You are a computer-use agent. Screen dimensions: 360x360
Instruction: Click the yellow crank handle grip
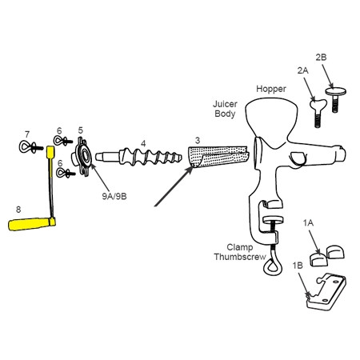click(x=30, y=224)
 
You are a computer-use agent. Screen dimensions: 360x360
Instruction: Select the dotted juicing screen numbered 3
click(x=218, y=157)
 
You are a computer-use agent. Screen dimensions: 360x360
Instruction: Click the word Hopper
click(x=271, y=89)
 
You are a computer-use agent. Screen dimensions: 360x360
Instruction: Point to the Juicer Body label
click(x=225, y=109)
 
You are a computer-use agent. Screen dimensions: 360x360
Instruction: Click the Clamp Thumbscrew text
click(x=240, y=252)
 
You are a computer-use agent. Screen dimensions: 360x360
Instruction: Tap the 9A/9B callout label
click(x=114, y=196)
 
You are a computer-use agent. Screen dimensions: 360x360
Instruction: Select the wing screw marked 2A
click(x=318, y=113)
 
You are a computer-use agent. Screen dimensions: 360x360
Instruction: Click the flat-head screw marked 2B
click(x=335, y=98)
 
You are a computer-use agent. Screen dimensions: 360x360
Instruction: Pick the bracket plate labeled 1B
click(x=326, y=291)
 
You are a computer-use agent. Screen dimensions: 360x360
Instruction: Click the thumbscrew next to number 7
click(x=30, y=147)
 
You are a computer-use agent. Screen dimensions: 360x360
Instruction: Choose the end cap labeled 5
click(x=82, y=157)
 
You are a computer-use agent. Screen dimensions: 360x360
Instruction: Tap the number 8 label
click(x=18, y=210)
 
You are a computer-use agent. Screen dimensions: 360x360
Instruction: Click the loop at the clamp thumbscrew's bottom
click(x=272, y=267)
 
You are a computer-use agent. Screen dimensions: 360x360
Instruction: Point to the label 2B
click(x=321, y=57)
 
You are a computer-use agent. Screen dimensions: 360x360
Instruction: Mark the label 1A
click(x=308, y=222)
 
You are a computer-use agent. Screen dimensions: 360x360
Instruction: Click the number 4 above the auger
click(x=143, y=144)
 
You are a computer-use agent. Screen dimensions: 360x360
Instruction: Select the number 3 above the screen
click(x=198, y=140)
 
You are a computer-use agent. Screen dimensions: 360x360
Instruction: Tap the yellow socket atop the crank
click(x=50, y=152)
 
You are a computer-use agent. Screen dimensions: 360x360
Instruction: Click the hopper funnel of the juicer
click(x=271, y=118)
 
